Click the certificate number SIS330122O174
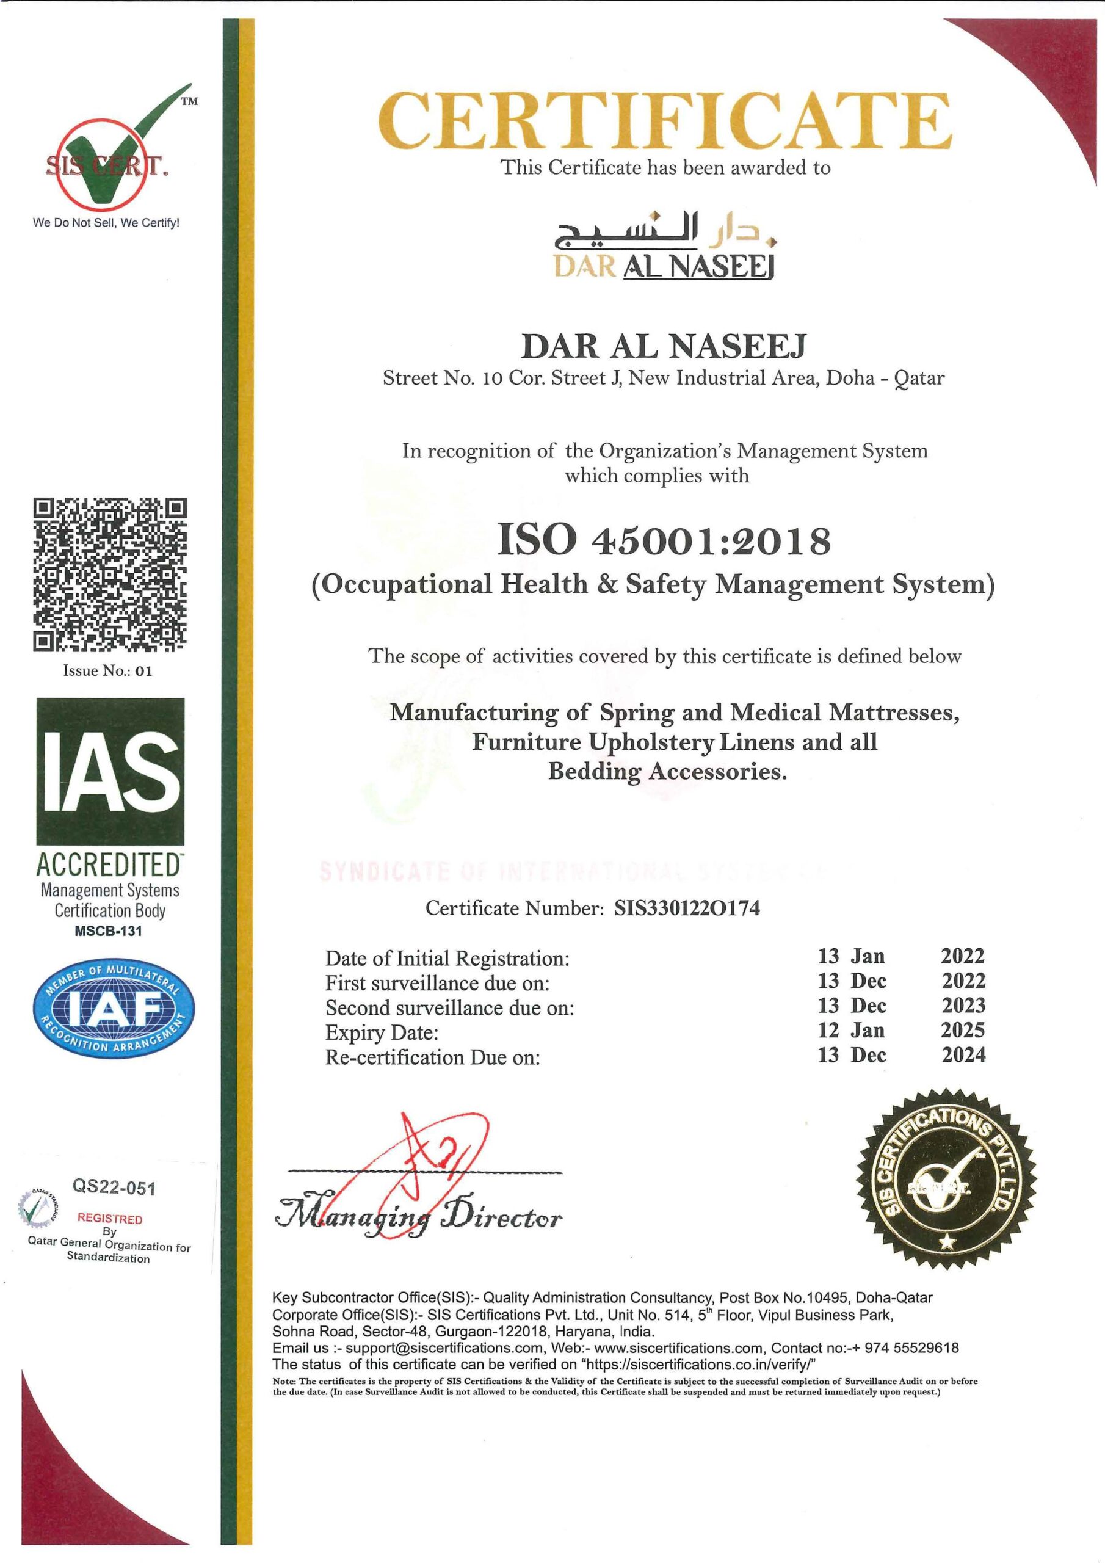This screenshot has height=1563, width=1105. coord(687,908)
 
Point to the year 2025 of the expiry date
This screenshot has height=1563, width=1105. coord(963,1030)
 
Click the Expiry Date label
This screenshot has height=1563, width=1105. coord(382,1032)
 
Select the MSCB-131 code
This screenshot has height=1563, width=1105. coord(108,931)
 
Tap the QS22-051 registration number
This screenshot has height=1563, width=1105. coord(114,1188)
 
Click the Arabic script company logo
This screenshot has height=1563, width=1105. coord(667,235)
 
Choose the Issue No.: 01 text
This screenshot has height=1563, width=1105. coord(107,671)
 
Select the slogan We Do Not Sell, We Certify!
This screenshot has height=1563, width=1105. coord(106,223)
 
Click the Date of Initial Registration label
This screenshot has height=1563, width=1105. coord(447,959)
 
